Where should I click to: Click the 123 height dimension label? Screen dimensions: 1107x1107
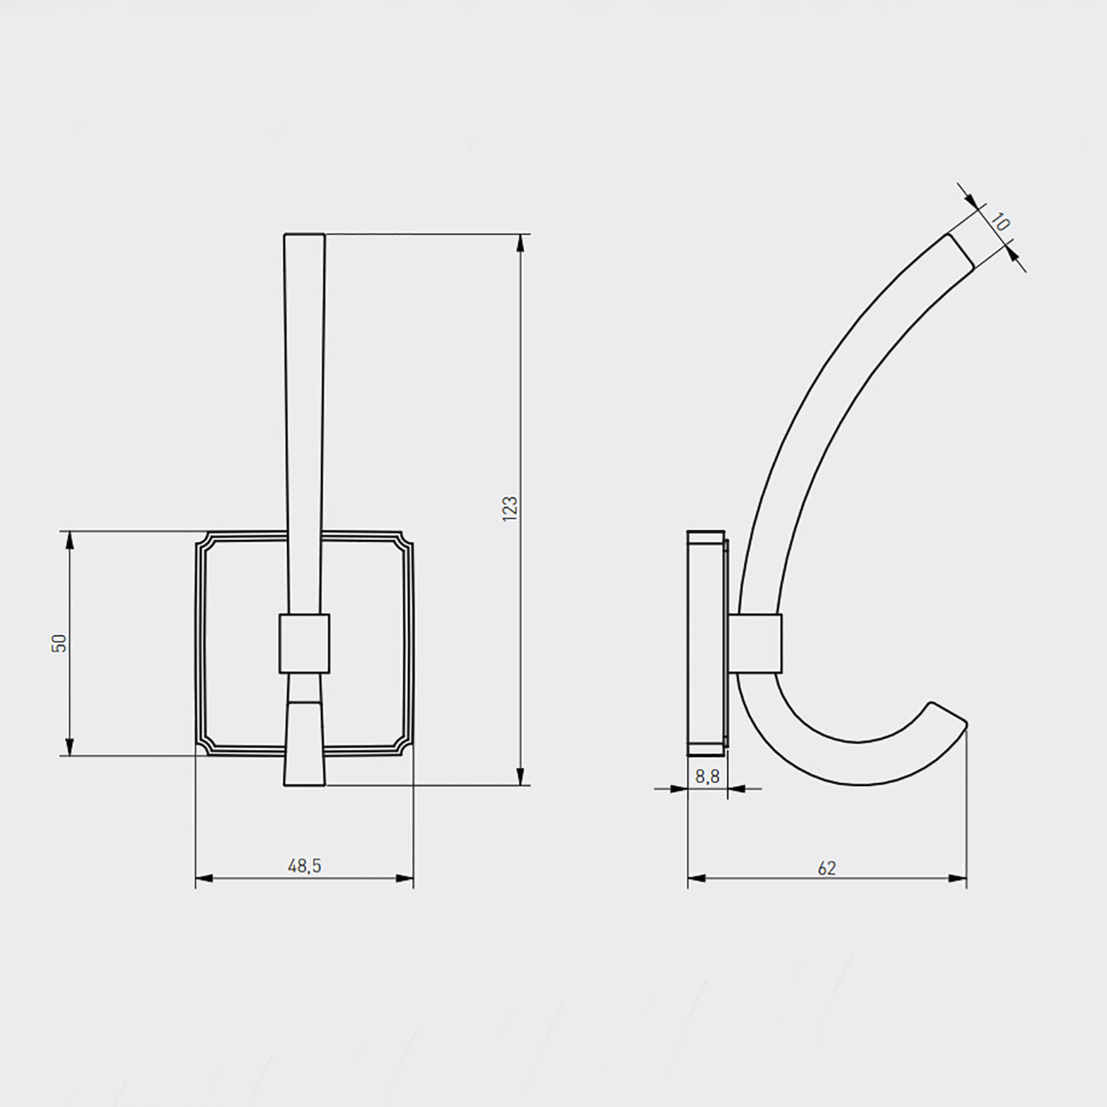[x=510, y=509]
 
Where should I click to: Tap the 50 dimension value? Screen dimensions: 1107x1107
[x=60, y=643]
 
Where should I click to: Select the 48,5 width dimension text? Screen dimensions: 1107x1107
[x=304, y=866]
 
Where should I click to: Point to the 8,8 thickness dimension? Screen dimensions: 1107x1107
[x=707, y=776]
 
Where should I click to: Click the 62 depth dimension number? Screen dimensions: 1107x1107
[x=827, y=869]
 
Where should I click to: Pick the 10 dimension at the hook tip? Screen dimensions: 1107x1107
[x=1000, y=221]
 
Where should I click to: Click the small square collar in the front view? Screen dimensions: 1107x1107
[x=304, y=643]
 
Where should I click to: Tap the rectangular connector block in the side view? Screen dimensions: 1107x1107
[x=754, y=643]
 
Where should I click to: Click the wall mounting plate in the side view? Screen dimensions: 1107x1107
[x=706, y=643]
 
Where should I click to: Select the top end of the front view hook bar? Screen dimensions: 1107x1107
[x=304, y=235]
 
